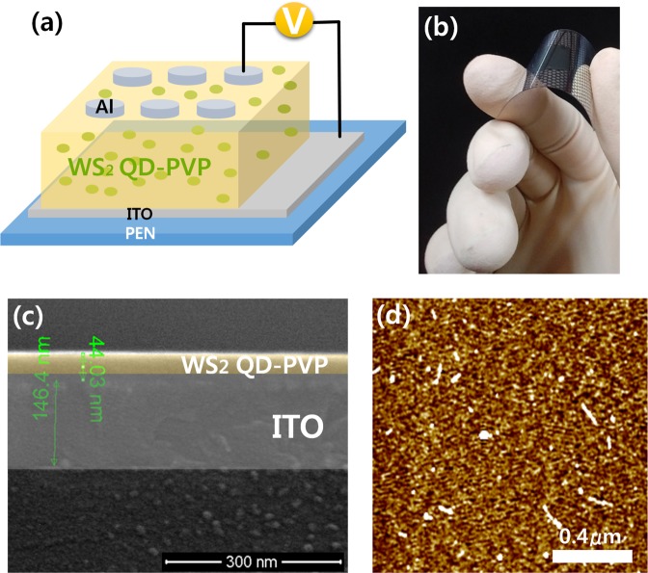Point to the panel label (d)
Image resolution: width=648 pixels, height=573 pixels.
(x=397, y=315)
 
